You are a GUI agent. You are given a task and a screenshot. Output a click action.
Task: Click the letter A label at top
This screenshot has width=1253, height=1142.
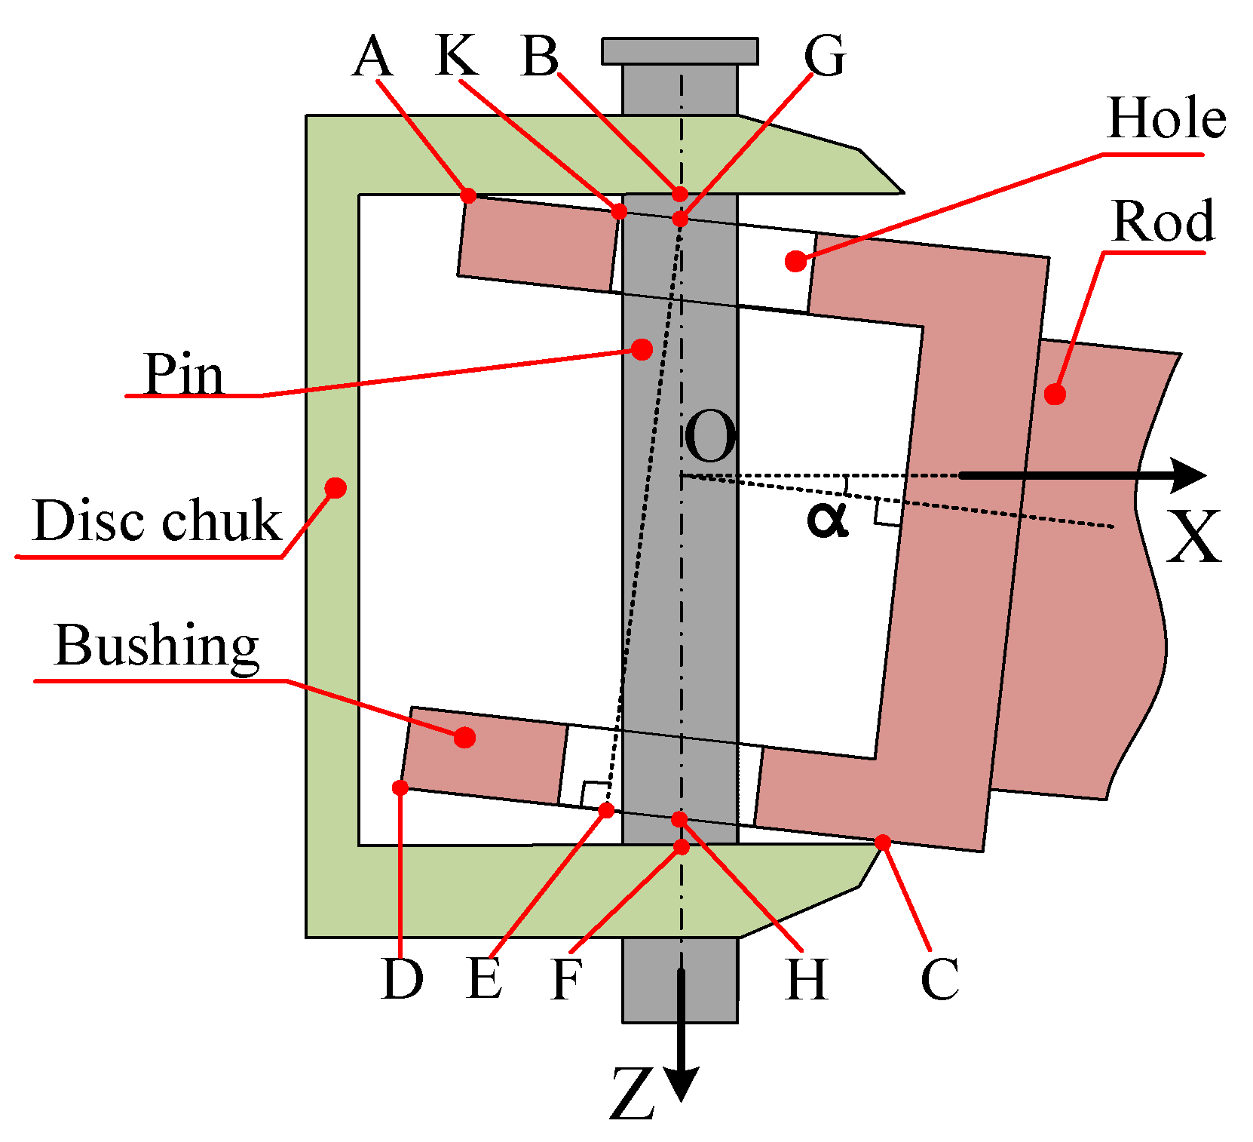(372, 57)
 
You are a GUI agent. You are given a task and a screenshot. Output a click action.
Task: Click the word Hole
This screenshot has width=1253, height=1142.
(1166, 119)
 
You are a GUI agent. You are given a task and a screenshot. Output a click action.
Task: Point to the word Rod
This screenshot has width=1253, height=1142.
(1163, 222)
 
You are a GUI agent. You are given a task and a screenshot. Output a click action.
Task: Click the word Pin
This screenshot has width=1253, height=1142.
(184, 375)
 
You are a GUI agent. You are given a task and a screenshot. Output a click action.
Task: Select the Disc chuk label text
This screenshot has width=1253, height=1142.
(157, 521)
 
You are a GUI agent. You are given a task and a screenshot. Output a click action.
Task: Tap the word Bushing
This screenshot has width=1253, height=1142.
(157, 646)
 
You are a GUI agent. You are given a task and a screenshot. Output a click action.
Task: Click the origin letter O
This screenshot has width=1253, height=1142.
(709, 438)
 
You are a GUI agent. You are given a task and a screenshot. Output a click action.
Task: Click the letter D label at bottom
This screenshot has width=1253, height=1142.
(402, 980)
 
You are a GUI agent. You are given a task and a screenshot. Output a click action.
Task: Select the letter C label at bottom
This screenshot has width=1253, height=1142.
(939, 980)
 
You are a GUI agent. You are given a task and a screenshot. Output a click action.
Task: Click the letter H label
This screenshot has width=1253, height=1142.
(806, 980)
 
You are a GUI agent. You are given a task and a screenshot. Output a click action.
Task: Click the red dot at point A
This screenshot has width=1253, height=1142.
(468, 196)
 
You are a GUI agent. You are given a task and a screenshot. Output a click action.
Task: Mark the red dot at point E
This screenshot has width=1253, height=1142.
(606, 811)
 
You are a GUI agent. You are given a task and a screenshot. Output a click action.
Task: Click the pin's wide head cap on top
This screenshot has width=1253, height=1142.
(680, 51)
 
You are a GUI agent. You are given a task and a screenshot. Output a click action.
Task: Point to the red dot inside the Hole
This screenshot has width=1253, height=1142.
(795, 262)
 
